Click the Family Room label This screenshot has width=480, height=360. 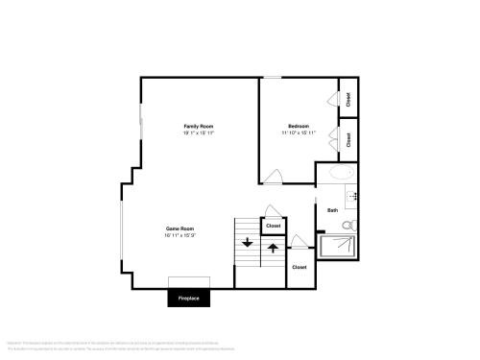pos(199,126)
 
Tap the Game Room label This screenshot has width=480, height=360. pos(180,228)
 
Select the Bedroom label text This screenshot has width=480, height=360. pos(298,126)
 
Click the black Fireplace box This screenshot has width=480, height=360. pos(189,299)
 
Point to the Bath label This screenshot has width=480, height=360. pos(332,209)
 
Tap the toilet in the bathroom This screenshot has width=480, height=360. pos(350,226)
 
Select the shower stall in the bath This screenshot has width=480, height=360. pos(342,248)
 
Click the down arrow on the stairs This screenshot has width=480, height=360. pos(248,243)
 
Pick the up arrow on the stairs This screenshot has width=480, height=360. pos(273,249)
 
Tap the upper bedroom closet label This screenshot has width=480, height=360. pos(348,99)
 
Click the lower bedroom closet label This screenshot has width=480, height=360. pos(348,139)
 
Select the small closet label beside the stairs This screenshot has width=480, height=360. pos(274,226)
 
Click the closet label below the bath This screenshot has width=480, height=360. pos(299,267)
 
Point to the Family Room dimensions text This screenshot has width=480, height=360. pos(199,132)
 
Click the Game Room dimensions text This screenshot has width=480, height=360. pos(180,235)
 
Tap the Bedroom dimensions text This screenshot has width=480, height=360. pos(298,132)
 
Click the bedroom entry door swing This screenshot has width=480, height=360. pos(273,176)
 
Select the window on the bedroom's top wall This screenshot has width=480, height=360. pos(274,78)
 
